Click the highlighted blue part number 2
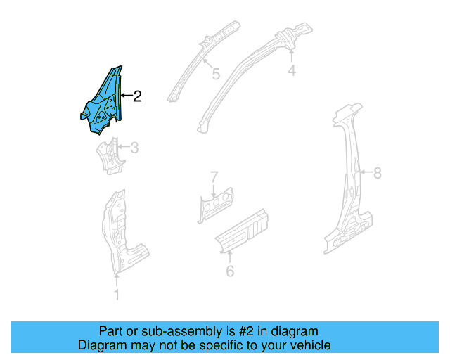point(103,102)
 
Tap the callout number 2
point(137,97)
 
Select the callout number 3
point(134,148)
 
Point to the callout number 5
point(216,73)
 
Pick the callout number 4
point(292,70)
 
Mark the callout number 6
point(230,270)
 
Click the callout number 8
point(377,173)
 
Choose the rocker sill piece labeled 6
point(241,229)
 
